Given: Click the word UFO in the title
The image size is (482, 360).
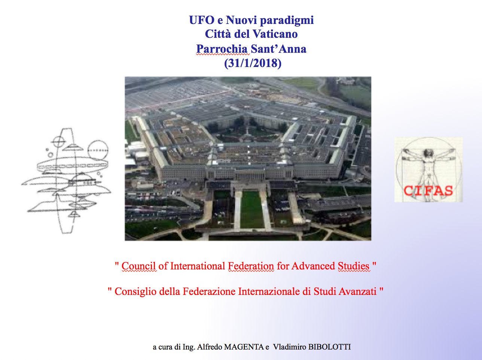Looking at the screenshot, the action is pyautogui.click(x=202, y=20).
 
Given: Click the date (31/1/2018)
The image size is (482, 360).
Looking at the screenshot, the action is pyautogui.click(x=253, y=63).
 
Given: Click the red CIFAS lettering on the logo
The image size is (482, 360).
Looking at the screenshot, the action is pyautogui.click(x=428, y=191).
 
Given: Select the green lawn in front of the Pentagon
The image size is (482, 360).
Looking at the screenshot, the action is pyautogui.click(x=251, y=209).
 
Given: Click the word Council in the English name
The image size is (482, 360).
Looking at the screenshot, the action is pyautogui.click(x=139, y=266).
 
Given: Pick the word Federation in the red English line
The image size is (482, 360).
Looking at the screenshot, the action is pyautogui.click(x=251, y=266).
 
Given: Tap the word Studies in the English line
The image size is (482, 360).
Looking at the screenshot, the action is pyautogui.click(x=354, y=266).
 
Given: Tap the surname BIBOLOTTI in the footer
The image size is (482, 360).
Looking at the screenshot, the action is pyautogui.click(x=330, y=347).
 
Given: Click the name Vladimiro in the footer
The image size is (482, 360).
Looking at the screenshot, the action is pyautogui.click(x=290, y=347).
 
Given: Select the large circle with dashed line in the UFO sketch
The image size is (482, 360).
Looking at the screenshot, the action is pyautogui.click(x=98, y=141).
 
